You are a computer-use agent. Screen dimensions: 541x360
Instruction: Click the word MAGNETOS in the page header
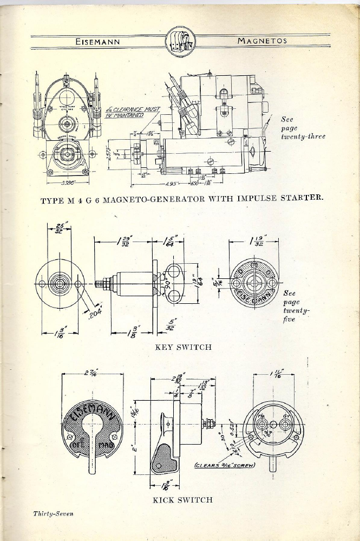click(x=262, y=41)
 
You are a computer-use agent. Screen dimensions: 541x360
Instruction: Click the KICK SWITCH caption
click(x=182, y=499)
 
